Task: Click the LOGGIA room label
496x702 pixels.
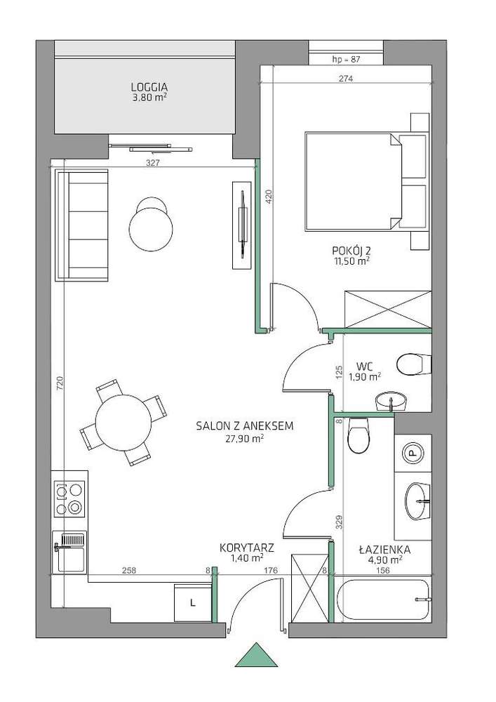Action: click(149, 87)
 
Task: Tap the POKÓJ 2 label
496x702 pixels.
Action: click(350, 251)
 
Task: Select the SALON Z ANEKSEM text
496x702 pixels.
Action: click(245, 426)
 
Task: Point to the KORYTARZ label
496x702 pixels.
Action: click(247, 548)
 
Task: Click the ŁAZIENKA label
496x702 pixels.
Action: click(384, 550)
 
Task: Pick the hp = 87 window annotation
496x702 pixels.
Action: click(346, 59)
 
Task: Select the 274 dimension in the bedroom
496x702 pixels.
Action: click(346, 79)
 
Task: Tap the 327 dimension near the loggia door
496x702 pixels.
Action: click(153, 164)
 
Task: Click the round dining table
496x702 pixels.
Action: click(123, 422)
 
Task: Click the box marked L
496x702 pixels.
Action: click(192, 602)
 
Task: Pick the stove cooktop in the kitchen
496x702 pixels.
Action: click(69, 498)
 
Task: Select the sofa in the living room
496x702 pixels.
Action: click(81, 225)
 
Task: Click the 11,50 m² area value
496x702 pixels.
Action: click(350, 260)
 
